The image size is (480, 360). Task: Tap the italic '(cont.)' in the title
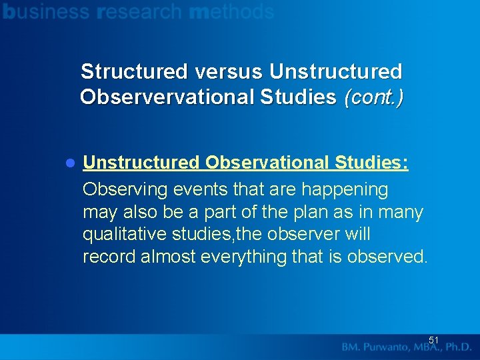click(373, 97)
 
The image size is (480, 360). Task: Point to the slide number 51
click(433, 340)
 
